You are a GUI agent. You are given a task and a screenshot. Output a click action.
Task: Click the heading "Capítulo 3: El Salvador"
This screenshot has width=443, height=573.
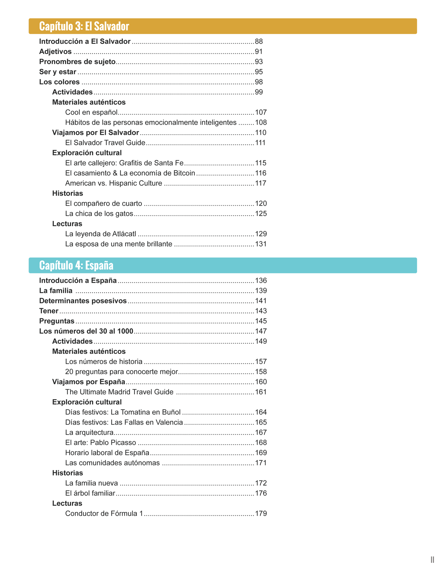tap(84, 26)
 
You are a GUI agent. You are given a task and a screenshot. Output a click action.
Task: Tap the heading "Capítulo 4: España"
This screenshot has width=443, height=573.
tap(76, 265)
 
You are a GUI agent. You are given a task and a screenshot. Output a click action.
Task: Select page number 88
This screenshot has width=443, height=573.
tap(259, 42)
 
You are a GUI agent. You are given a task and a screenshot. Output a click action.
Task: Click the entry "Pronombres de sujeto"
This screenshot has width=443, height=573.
tap(77, 62)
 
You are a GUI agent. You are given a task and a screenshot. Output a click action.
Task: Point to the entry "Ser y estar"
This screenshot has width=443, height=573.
tap(58, 72)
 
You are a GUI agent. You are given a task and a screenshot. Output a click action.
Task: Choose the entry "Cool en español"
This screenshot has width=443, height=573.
tap(91, 112)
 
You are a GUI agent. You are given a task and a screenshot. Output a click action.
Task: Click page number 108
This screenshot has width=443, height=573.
tap(261, 123)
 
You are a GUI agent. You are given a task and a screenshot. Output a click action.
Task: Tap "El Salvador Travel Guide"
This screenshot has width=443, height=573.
tap(105, 143)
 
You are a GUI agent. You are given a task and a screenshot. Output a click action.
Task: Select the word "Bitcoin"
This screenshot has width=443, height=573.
tap(184, 173)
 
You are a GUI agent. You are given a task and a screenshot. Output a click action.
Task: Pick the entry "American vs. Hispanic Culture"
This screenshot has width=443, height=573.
tap(114, 183)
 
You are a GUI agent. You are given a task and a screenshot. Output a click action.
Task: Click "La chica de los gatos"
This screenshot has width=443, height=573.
tap(99, 214)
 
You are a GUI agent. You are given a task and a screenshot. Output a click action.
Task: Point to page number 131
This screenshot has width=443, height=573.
tap(261, 244)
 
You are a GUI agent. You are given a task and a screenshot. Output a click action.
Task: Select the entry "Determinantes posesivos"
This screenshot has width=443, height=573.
tap(83, 301)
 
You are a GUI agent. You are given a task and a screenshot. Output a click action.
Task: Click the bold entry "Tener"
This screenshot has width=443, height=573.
tap(49, 311)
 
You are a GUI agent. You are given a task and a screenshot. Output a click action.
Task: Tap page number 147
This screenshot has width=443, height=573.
tap(261, 331)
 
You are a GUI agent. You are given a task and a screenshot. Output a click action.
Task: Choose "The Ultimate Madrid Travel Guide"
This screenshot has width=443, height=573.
tap(119, 392)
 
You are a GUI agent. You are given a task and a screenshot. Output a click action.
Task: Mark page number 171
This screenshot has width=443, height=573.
tap(261, 463)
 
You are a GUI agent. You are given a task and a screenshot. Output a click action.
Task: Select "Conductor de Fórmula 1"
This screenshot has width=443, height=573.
tap(104, 513)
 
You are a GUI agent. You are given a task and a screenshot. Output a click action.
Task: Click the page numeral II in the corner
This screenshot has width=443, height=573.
tap(432, 560)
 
